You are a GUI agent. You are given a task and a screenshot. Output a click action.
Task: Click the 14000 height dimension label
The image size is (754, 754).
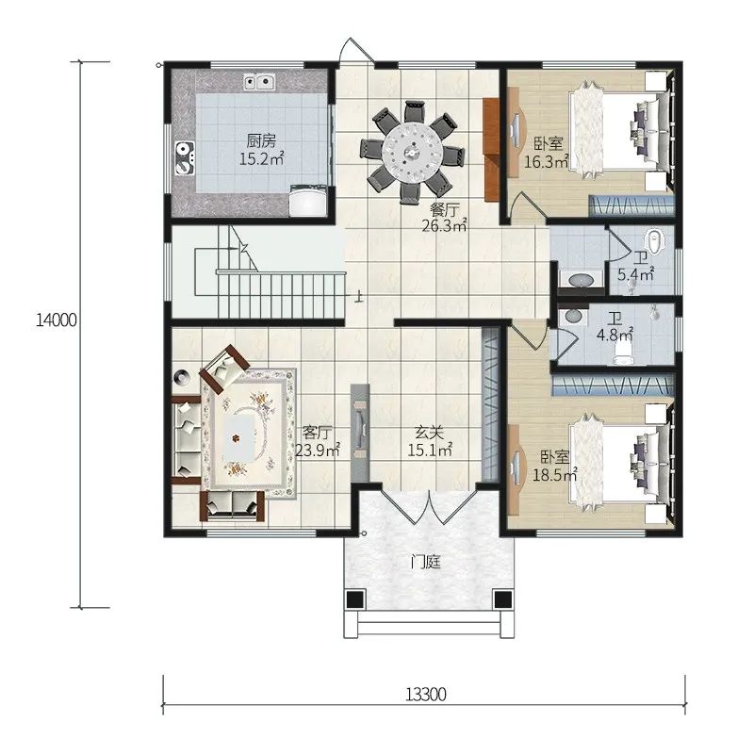coord(57,320)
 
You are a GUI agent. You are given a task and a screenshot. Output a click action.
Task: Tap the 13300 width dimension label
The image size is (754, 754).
coord(426,695)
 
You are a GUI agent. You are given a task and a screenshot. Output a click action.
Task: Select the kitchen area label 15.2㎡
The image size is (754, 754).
coord(262,158)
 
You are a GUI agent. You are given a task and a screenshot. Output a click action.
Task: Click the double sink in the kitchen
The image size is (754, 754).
coord(260,82)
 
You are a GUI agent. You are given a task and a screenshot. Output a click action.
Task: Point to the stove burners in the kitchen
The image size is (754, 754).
coord(184,158)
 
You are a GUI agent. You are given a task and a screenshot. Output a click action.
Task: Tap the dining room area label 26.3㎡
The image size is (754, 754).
coord(445,225)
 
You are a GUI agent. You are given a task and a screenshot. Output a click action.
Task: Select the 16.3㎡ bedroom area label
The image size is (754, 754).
coord(547,161)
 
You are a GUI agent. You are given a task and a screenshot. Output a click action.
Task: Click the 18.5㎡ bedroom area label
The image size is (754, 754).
coord(555,475)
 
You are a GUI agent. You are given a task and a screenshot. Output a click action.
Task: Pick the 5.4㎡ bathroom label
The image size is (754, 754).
coord(635,275)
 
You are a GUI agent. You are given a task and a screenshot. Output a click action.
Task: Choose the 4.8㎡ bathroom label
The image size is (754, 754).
coord(615,335)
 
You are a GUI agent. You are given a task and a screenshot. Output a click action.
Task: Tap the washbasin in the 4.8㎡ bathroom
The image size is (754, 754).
coord(573,316)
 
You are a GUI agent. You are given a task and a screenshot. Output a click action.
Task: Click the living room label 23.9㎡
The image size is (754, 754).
coord(318,451)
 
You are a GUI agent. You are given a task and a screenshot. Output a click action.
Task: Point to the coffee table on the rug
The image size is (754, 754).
coord(239,436)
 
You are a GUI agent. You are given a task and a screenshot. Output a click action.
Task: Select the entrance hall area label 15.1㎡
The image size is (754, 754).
coord(430,451)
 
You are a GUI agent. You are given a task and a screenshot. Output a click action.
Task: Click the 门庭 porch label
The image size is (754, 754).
coord(426,562)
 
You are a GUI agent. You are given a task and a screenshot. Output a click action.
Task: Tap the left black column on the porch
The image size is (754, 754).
coord(355,599)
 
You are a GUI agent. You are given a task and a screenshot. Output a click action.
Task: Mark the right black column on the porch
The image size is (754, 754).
coord(503,599)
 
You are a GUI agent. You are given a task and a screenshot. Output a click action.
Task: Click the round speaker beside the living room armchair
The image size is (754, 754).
coord(182,377)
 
